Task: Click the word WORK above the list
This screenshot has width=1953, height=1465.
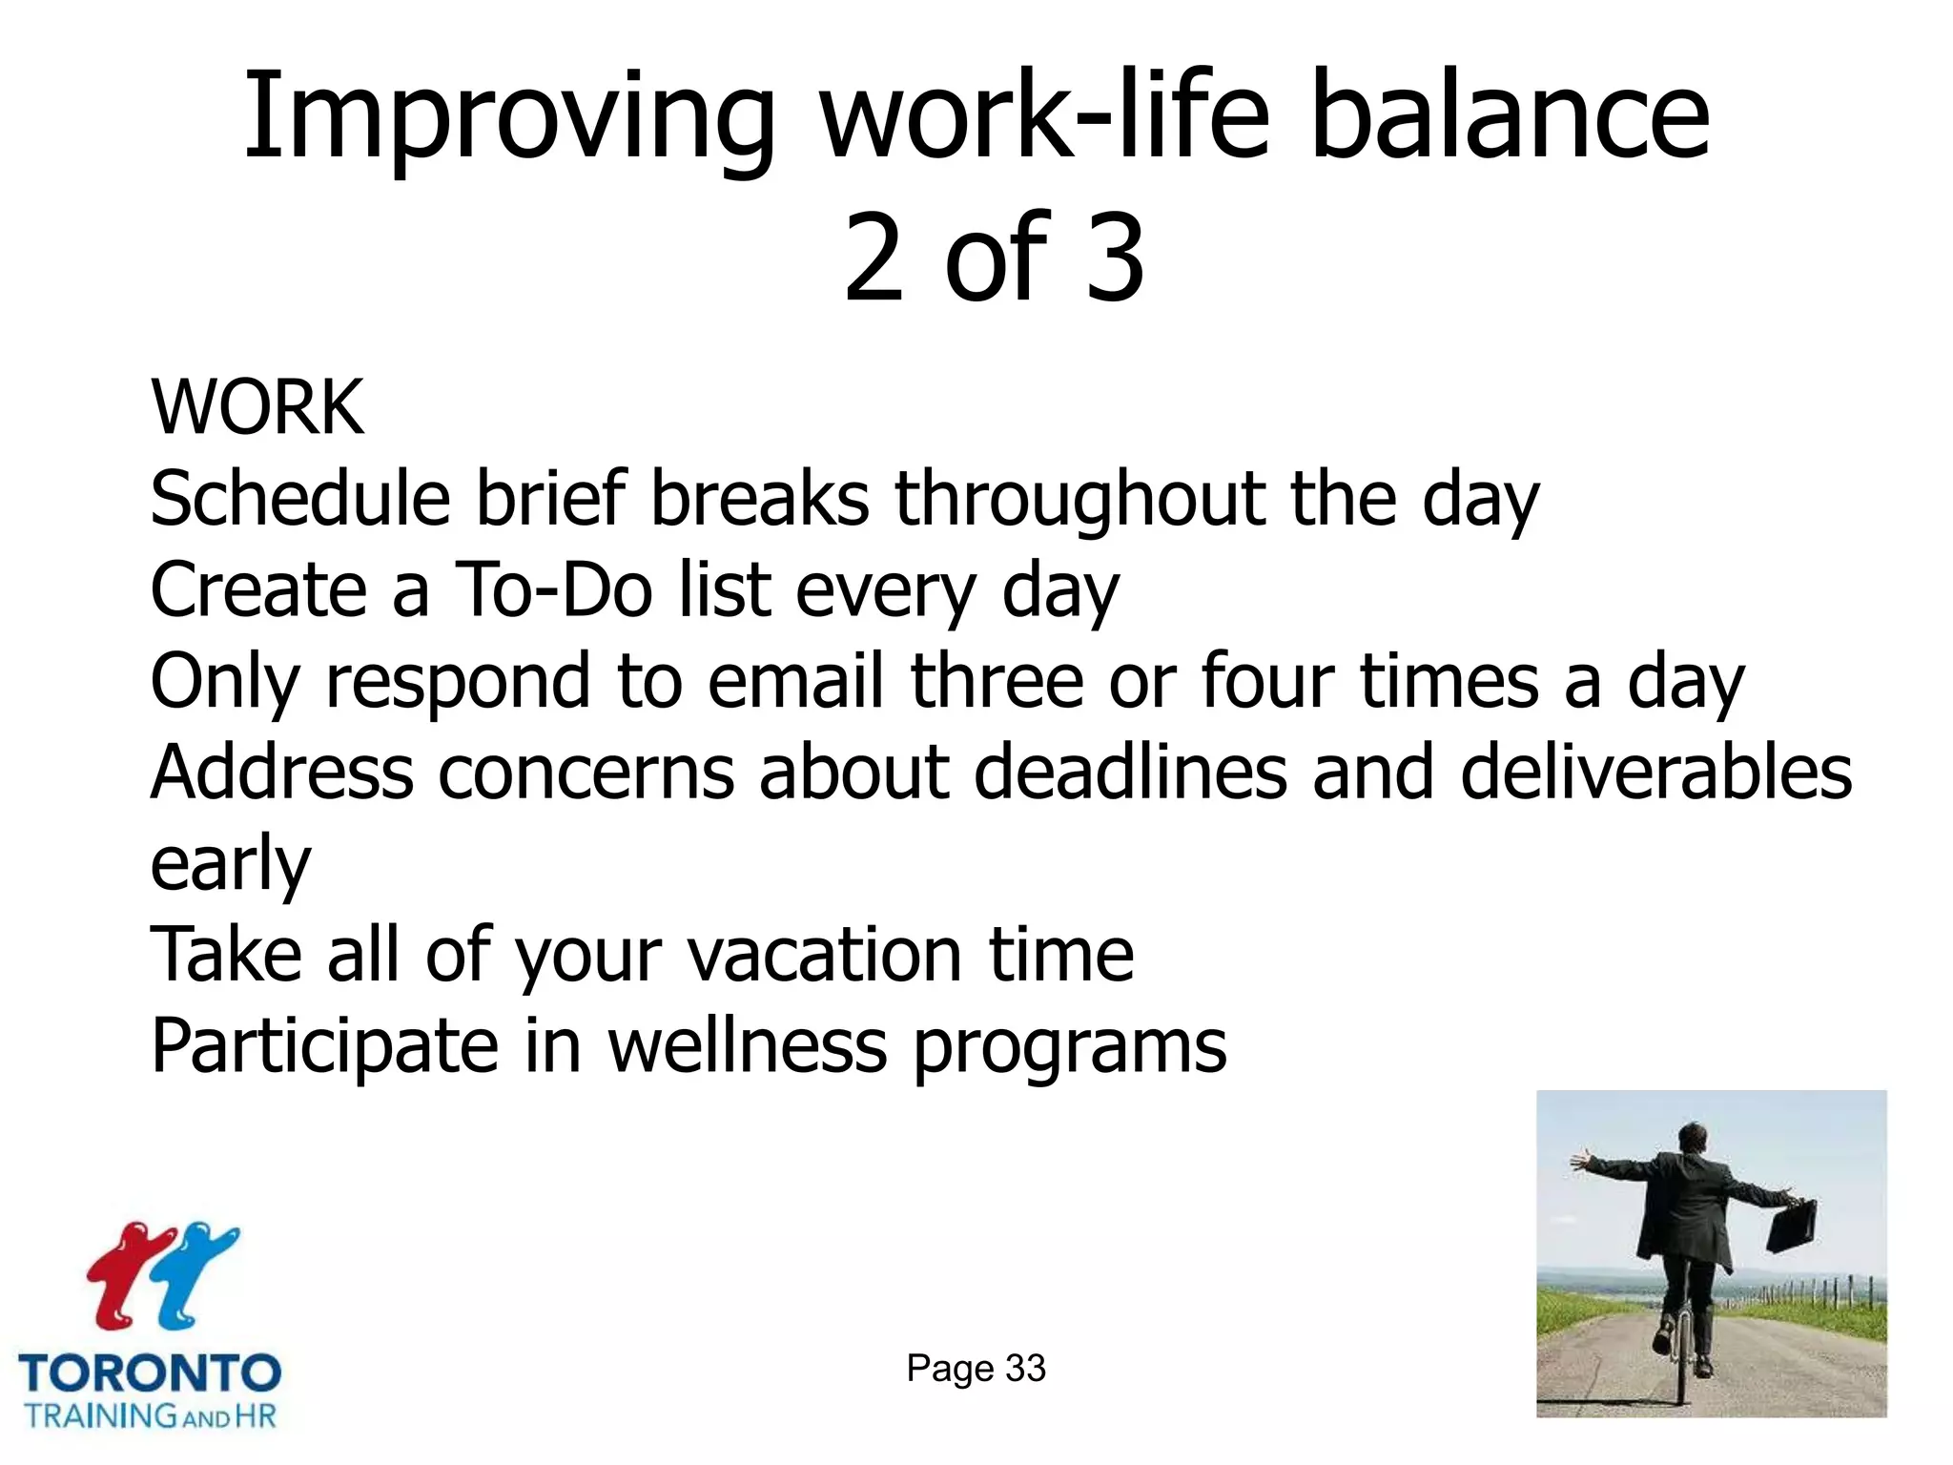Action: (257, 408)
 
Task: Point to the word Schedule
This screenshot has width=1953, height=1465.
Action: (299, 499)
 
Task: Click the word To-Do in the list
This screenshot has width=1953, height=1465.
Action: (552, 590)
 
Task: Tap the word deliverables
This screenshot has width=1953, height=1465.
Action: (1655, 772)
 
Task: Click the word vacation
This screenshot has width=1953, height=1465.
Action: (825, 955)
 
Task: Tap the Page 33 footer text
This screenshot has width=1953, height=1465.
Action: (976, 1369)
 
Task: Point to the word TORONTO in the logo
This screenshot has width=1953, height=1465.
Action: (150, 1374)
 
